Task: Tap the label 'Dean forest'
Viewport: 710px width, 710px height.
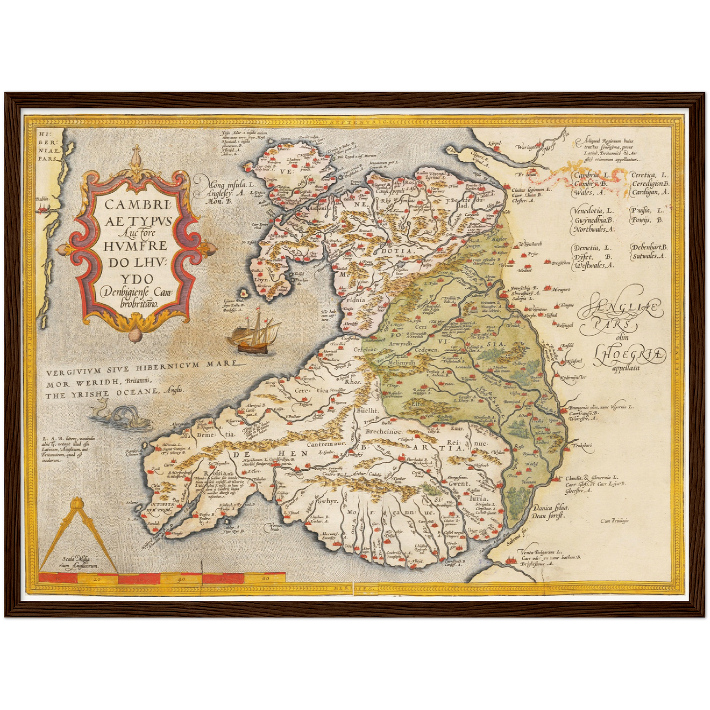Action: coord(550,516)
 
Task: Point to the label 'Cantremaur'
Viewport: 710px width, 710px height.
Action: coord(327,444)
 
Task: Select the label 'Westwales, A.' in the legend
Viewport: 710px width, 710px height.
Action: coord(594,266)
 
